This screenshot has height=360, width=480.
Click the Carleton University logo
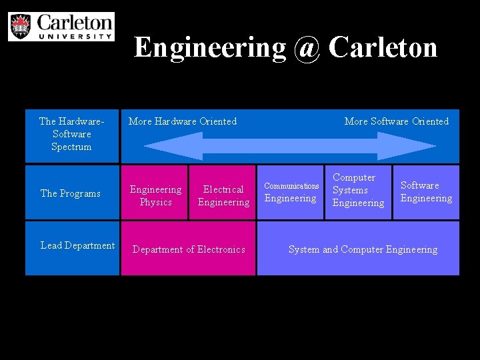click(61, 26)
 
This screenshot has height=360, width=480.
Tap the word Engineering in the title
click(210, 47)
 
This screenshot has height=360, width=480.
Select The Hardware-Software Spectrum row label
click(72, 133)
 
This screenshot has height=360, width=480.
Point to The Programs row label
click(71, 193)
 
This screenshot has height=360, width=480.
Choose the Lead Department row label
click(77, 245)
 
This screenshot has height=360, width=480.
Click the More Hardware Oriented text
click(182, 121)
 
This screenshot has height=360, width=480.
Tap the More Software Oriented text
click(396, 121)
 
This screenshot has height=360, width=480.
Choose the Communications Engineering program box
click(291, 192)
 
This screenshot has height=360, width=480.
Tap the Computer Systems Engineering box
click(358, 192)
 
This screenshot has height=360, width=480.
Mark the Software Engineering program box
click(426, 192)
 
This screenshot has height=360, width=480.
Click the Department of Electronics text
click(189, 249)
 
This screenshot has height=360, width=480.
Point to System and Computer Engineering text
click(363, 249)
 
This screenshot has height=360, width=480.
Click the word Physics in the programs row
click(155, 202)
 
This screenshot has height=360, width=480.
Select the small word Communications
click(291, 186)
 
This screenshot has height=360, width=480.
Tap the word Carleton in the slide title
click(383, 47)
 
